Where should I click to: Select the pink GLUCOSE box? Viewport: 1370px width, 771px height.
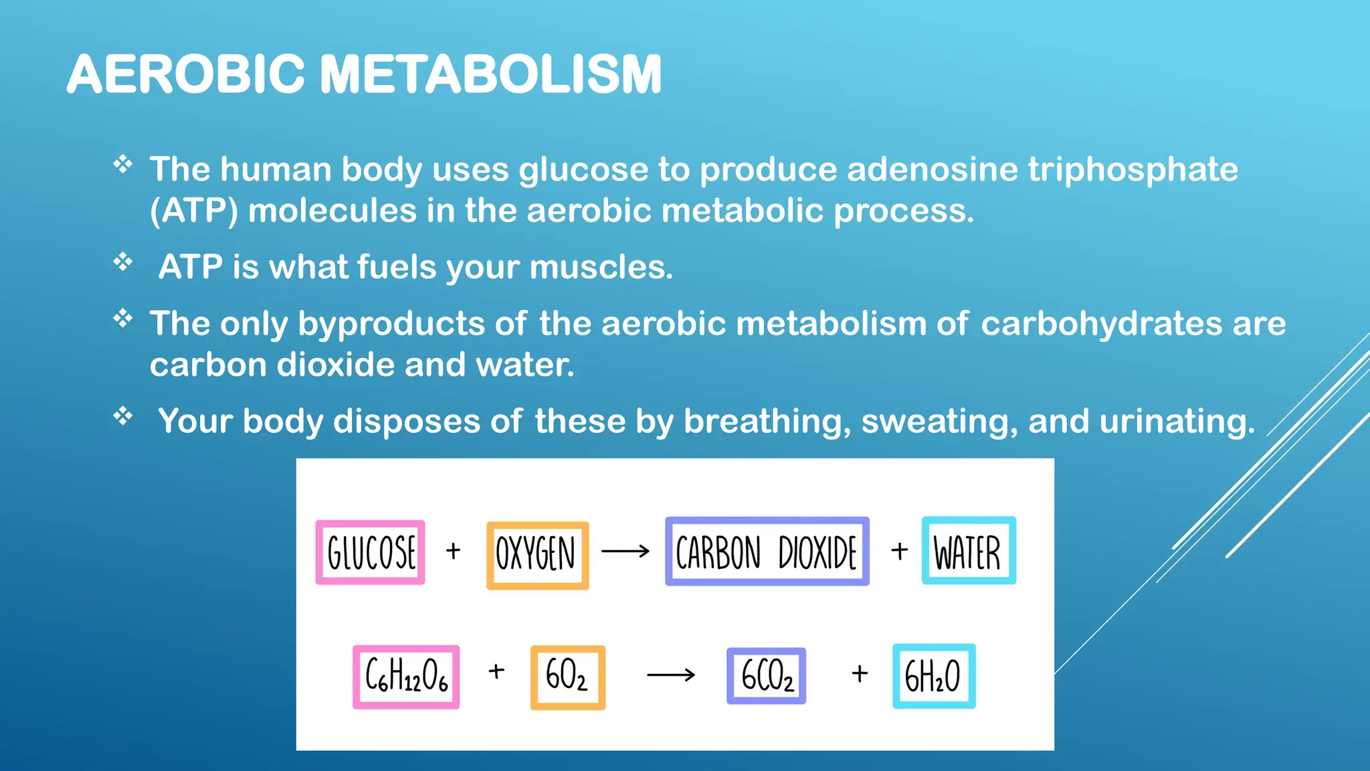[371, 552]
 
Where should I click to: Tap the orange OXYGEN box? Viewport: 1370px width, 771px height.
[537, 555]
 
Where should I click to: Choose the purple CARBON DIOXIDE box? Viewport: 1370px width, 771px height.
[767, 551]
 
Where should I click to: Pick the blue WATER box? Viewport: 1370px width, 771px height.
[968, 551]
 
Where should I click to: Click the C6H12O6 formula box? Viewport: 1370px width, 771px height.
[406, 677]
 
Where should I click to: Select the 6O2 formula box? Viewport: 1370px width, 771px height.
[567, 677]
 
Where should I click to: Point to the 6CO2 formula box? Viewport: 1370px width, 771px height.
[767, 676]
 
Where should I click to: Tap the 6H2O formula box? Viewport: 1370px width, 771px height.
[933, 676]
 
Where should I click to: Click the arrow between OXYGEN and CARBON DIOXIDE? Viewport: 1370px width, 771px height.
[625, 551]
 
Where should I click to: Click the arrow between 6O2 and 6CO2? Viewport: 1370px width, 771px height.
[671, 675]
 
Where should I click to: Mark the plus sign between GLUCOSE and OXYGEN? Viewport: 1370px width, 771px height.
[454, 551]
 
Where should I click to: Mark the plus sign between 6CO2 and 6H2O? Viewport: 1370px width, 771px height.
[860, 673]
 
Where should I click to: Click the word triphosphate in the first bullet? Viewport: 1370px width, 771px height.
[1133, 169]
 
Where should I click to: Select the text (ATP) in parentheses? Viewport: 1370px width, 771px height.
[194, 211]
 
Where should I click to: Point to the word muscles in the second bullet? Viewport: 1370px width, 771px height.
[601, 267]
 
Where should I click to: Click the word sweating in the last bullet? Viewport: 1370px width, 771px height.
[939, 421]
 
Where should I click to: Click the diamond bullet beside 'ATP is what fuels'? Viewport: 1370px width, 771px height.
[123, 261]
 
